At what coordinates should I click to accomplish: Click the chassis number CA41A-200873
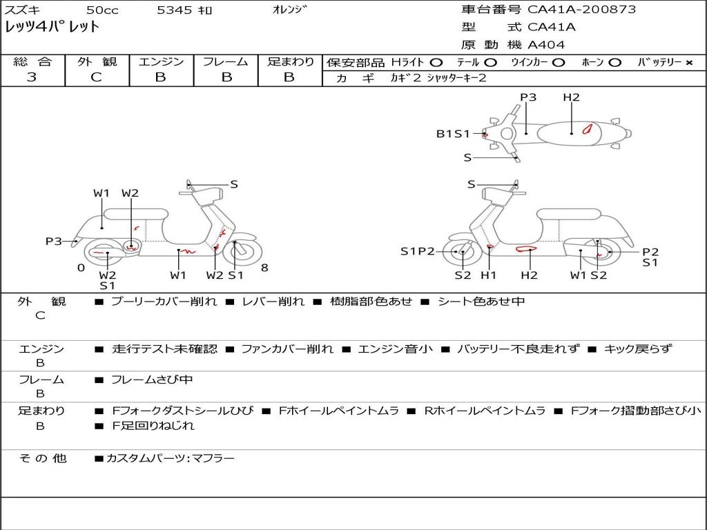tap(581, 10)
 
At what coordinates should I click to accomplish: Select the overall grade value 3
tap(32, 77)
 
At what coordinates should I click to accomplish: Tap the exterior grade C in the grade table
tap(96, 77)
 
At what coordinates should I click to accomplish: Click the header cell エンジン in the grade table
tap(161, 61)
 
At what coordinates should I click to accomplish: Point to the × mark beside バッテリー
tap(689, 63)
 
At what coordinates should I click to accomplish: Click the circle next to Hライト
tap(436, 63)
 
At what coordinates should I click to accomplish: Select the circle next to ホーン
tap(614, 63)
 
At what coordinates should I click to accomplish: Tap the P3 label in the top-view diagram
tap(528, 97)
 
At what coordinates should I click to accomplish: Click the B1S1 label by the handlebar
tap(453, 134)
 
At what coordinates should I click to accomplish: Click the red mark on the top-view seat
tap(587, 129)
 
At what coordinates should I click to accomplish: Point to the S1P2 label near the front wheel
tap(417, 251)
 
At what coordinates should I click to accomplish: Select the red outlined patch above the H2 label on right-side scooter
tap(527, 248)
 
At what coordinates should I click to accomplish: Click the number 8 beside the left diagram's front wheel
tap(264, 268)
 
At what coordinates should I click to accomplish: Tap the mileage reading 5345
tap(175, 10)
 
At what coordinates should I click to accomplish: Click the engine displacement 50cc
tap(102, 10)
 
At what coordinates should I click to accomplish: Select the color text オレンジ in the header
tap(290, 10)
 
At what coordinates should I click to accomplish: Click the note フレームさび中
tap(152, 380)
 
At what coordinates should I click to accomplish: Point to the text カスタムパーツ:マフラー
tap(171, 458)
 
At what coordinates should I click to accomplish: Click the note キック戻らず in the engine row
tap(637, 349)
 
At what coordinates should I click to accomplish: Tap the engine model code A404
tap(546, 45)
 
